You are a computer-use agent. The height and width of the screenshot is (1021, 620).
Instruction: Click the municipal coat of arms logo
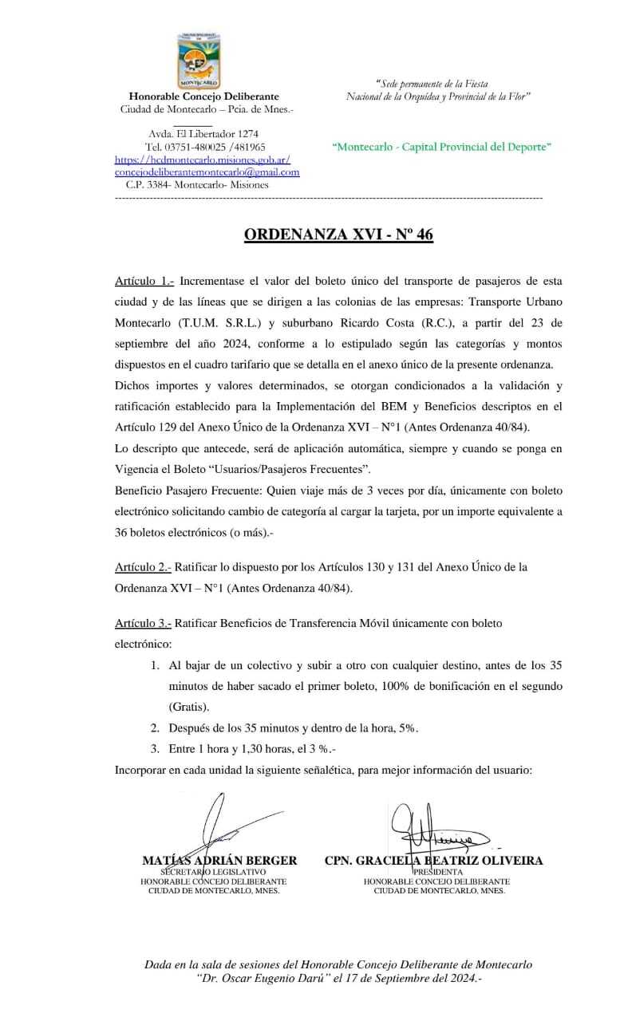point(199,61)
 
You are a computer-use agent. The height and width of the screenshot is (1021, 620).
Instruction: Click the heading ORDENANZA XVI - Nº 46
point(338,235)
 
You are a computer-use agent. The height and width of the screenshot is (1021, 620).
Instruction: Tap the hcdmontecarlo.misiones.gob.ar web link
point(203,160)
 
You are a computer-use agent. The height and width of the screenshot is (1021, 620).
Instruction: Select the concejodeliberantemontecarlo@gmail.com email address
point(207,171)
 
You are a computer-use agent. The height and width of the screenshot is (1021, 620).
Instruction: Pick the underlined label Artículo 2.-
point(143,567)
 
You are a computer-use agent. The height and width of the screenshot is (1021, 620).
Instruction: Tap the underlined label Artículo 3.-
point(143,622)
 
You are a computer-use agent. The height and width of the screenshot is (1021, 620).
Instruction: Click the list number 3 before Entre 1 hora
point(155,749)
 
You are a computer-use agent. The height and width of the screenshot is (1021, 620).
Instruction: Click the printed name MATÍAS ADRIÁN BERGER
point(219,861)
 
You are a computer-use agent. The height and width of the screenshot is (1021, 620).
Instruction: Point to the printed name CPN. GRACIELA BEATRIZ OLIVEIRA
point(433,861)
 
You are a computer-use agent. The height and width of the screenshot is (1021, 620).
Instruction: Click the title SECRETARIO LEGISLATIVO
point(213,872)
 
